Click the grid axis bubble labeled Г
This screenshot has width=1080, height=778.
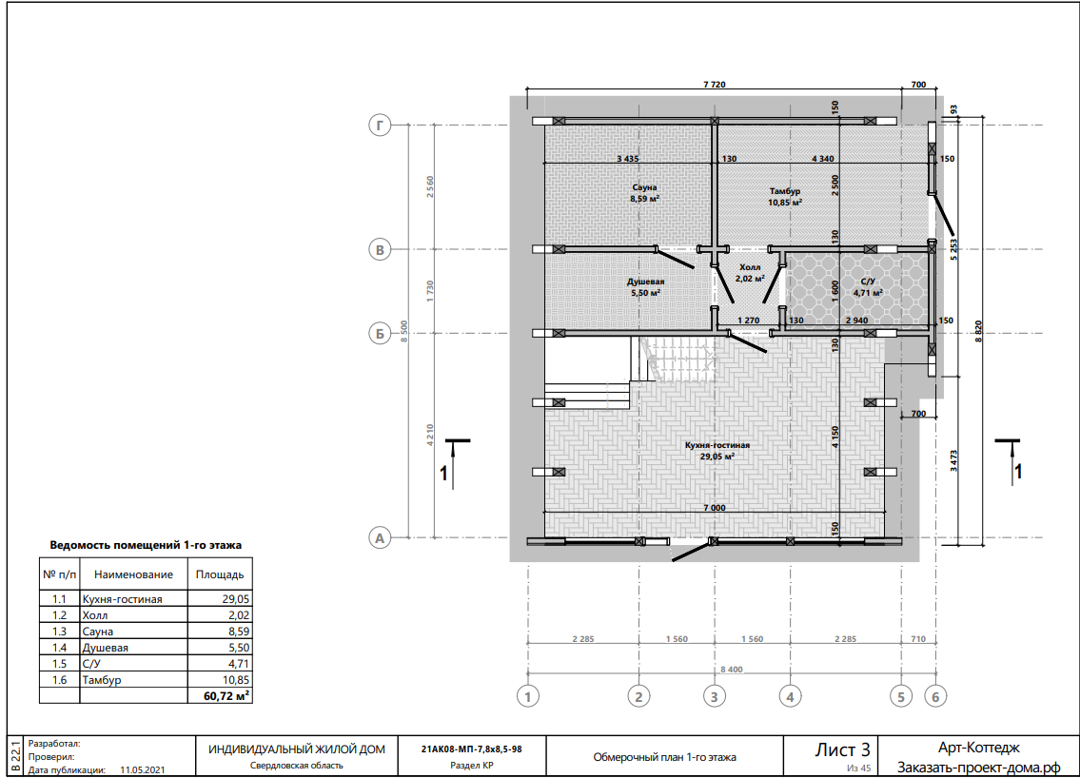coord(380,126)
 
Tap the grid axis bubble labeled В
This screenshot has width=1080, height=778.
coord(380,250)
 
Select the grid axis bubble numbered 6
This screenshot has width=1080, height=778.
coord(935,697)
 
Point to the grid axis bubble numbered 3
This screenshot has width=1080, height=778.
coord(715,697)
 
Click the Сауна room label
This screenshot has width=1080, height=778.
coord(645,187)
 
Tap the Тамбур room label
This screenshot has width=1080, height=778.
coord(785,191)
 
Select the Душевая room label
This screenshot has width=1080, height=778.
coord(645,282)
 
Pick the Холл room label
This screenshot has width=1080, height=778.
coord(750,267)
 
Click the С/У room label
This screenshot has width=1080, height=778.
coord(868,282)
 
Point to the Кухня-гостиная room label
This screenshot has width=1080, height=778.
coord(717,445)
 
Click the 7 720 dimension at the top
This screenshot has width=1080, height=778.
coord(715,85)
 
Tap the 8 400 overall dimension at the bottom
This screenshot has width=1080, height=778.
coord(732,670)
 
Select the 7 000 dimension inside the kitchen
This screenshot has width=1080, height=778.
coord(715,508)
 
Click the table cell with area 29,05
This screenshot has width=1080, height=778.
coord(221,599)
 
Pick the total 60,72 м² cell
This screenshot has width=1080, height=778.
coord(221,696)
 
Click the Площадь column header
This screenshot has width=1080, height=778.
coord(220,574)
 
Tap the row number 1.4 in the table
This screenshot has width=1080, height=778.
coord(59,647)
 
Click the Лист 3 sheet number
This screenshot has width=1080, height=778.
coord(842,749)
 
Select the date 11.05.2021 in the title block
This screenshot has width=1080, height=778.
coord(143,770)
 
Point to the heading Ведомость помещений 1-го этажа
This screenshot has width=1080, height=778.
coord(146,545)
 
